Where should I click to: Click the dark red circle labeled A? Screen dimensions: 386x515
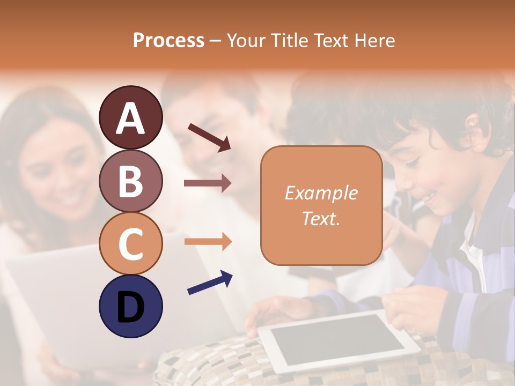tap(130, 117)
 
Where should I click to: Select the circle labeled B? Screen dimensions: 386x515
tap(130, 181)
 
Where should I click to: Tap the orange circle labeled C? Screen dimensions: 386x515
tap(130, 243)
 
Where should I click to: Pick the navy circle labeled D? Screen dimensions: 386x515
tap(130, 306)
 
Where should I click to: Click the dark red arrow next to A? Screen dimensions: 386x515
tap(209, 137)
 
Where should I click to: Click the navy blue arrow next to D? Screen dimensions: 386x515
tap(210, 283)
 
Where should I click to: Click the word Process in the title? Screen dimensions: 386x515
tap(168, 41)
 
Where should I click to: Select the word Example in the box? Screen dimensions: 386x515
tap(321, 193)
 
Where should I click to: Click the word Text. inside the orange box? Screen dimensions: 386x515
tap(321, 219)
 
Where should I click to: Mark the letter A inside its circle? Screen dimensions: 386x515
tap(130, 118)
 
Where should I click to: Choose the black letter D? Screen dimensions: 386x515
tap(130, 307)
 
